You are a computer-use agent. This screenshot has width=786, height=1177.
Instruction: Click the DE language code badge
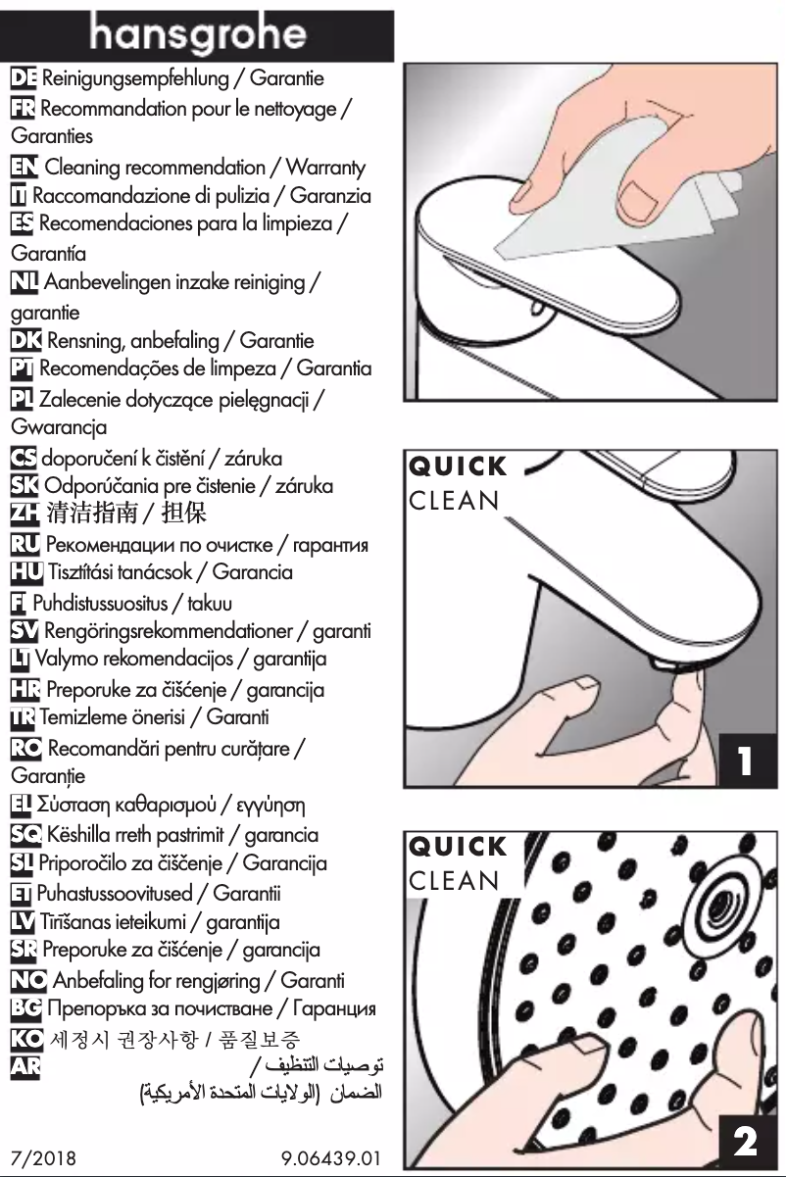click(22, 77)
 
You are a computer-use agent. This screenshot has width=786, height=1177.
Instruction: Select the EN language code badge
click(22, 169)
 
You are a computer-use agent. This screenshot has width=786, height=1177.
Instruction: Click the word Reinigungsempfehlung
click(143, 77)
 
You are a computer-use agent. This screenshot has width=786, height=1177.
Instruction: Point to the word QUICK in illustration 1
click(458, 466)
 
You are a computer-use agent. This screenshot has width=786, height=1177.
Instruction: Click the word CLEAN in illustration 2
click(452, 878)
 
